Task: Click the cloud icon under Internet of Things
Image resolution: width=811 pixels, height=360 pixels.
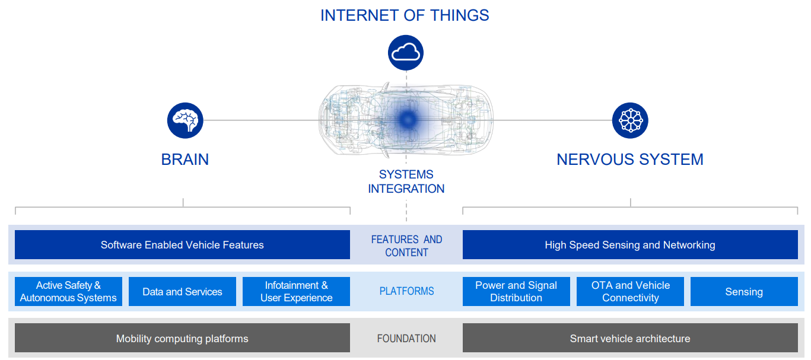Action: pyautogui.click(x=406, y=52)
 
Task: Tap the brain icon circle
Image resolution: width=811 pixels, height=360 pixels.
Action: pyautogui.click(x=185, y=120)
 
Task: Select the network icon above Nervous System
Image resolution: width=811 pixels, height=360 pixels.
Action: pyautogui.click(x=629, y=120)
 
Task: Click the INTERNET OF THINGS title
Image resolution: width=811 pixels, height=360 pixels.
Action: pyautogui.click(x=405, y=15)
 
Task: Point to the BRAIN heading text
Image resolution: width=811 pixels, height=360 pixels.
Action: pyautogui.click(x=185, y=160)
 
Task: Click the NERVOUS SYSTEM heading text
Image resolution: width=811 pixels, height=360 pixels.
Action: pyautogui.click(x=629, y=160)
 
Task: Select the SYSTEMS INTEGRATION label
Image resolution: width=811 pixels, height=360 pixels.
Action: pyautogui.click(x=406, y=181)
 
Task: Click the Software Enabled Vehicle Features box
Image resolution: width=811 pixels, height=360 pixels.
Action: pyautogui.click(x=182, y=245)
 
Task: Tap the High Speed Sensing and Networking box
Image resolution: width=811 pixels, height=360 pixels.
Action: pyautogui.click(x=629, y=245)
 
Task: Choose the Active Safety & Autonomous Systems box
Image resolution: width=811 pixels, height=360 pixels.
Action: pyautogui.click(x=68, y=292)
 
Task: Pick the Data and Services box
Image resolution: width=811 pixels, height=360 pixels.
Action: pyautogui.click(x=182, y=292)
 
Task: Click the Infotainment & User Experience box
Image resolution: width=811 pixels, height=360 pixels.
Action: pyautogui.click(x=296, y=292)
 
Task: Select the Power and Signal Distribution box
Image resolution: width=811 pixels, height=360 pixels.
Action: pyautogui.click(x=516, y=292)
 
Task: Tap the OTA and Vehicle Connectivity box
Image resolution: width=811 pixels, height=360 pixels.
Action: pyautogui.click(x=630, y=292)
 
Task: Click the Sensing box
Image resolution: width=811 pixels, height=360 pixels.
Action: pyautogui.click(x=743, y=292)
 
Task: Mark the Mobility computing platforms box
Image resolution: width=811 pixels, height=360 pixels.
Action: pyautogui.click(x=182, y=339)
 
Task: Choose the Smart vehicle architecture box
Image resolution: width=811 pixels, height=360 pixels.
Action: pyautogui.click(x=629, y=339)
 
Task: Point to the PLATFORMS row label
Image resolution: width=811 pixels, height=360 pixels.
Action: pyautogui.click(x=406, y=291)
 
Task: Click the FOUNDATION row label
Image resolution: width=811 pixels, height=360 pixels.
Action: pyautogui.click(x=406, y=339)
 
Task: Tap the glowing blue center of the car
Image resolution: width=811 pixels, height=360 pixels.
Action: pyautogui.click(x=407, y=120)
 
